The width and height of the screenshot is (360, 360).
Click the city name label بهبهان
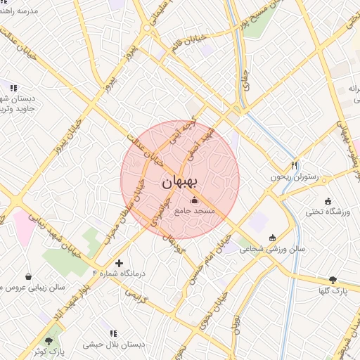[x=181, y=182]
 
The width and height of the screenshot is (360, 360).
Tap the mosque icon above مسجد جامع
[x=194, y=201]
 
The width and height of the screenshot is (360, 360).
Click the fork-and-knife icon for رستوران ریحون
[x=295, y=165]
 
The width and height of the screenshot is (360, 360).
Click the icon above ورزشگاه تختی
[x=328, y=201]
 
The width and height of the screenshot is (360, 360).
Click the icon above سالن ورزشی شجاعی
[x=273, y=237]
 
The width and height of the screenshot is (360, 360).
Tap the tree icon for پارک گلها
[x=333, y=279]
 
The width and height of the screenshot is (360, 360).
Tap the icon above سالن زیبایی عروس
[x=28, y=276]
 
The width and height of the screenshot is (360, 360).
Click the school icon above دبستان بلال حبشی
[x=112, y=333]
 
